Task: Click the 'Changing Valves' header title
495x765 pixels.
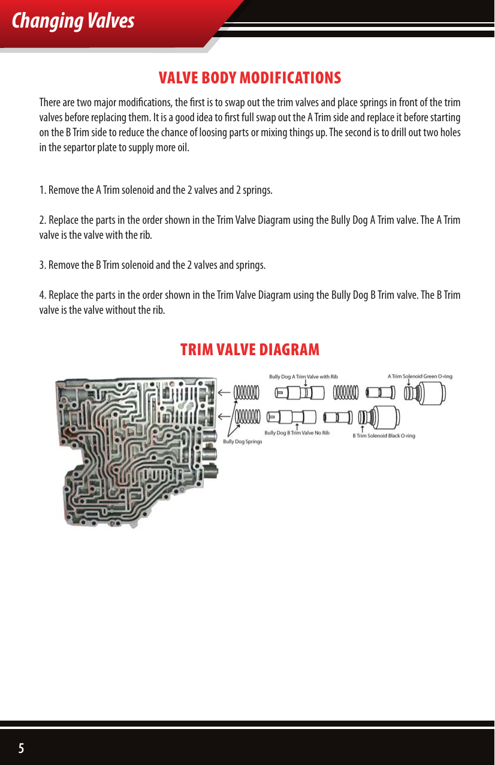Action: point(73,21)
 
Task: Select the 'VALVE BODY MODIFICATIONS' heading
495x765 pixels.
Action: point(249,78)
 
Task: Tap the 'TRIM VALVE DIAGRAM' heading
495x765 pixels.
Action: point(250,349)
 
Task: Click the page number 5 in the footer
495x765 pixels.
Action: point(22,748)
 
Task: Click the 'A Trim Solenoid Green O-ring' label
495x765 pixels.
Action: point(419,376)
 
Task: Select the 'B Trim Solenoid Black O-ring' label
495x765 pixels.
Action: point(384,436)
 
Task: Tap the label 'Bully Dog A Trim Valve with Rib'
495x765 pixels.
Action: point(303,377)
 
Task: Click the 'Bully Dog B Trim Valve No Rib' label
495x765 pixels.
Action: point(297,433)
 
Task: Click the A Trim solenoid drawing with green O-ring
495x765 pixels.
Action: point(427,394)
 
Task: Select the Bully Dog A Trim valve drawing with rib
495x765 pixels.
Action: point(299,393)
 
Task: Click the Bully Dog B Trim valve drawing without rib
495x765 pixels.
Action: point(292,416)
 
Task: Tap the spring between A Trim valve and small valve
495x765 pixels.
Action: point(346,393)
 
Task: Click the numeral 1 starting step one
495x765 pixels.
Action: point(42,191)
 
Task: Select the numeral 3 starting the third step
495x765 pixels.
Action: point(42,265)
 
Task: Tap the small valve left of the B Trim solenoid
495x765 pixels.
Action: point(337,416)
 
